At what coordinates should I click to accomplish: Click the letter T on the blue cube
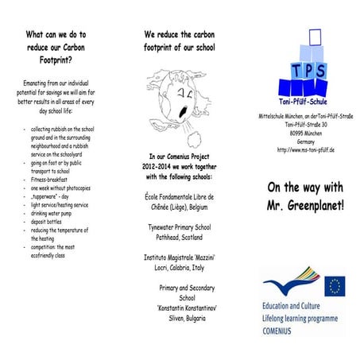[x=296, y=71]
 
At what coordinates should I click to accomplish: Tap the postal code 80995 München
[x=306, y=133]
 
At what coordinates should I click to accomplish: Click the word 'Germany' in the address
[x=306, y=141]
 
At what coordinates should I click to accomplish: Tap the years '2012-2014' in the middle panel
[x=151, y=166]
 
